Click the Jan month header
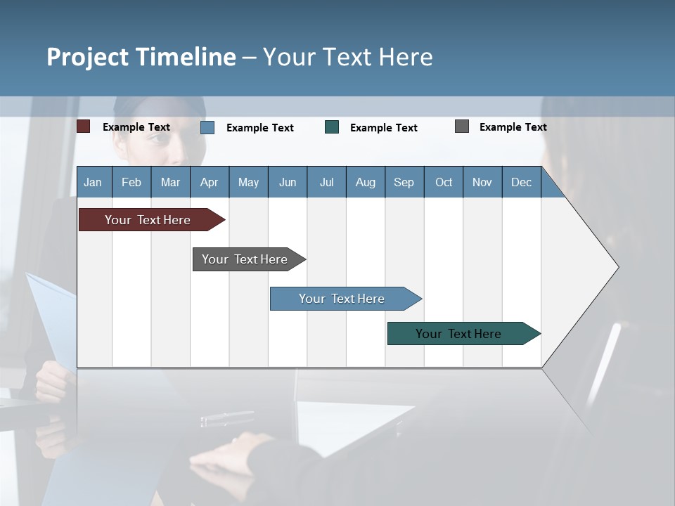pos(94,182)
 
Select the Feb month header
pos(131,182)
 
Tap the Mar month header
pos(170,182)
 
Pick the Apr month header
pos(210,182)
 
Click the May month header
pos(248,182)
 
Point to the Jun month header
pos(288,182)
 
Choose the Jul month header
pos(326,182)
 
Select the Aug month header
pos(366,182)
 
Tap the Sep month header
pos(404,182)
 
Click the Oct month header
pos(444,182)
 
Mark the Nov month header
pos(482,182)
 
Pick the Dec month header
pos(522,182)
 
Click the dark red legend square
pos(84,126)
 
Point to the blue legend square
pos(207,127)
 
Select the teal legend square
pos(332,127)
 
